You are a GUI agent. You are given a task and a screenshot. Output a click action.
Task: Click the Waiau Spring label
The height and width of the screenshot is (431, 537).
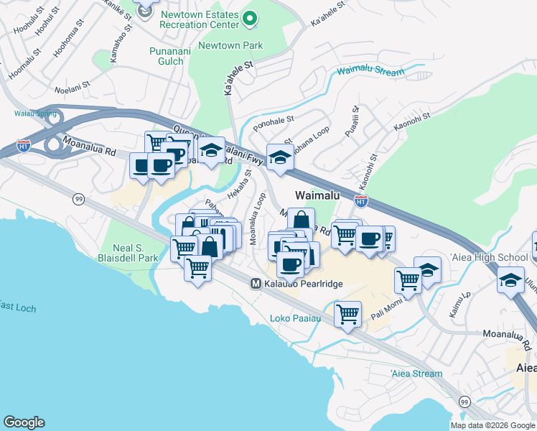click(29, 113)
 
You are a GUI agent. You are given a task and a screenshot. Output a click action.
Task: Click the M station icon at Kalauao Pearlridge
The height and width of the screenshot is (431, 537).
click(255, 284)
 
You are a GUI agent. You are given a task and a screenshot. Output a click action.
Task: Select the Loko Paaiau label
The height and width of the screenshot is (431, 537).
click(292, 318)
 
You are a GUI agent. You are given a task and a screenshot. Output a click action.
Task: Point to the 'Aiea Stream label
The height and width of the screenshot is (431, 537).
click(416, 374)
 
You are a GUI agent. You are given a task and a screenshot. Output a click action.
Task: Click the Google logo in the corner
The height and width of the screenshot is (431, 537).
click(24, 422)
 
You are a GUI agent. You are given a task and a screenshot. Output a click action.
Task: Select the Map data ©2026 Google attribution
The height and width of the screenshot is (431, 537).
click(492, 425)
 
